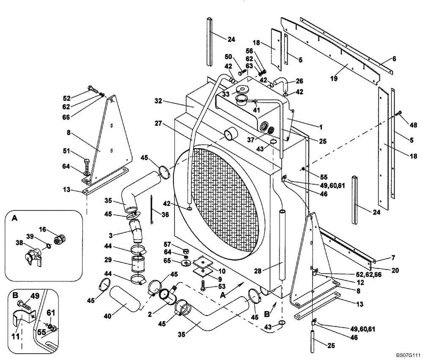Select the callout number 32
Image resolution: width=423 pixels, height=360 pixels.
coord(158,101)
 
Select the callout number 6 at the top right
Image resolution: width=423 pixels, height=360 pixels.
coord(394,59)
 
